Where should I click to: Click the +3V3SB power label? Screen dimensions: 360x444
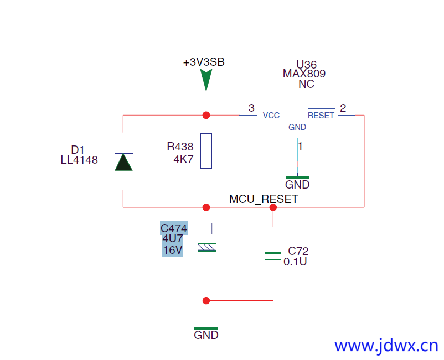pos(204,62)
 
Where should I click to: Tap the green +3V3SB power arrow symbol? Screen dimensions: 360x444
pos(206,80)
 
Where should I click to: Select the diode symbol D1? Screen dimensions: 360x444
pos(123,161)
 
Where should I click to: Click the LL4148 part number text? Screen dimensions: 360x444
pos(79,160)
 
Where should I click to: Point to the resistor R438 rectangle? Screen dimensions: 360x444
pos(206,150)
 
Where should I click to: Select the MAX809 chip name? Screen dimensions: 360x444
pos(304,74)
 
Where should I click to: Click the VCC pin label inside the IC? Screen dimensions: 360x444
pos(271,116)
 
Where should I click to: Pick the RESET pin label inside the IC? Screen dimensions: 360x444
pos(321,116)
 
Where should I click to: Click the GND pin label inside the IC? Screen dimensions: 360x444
pos(297,127)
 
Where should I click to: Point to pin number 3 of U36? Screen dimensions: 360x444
pos(251,108)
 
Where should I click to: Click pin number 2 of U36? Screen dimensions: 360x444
pos(343,108)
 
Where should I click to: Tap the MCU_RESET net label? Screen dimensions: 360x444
pos(264,199)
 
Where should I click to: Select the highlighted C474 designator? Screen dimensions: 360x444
pos(174,228)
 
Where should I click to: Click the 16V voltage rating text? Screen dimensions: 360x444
pos(173,250)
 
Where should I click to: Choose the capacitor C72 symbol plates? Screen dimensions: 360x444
pos(273,255)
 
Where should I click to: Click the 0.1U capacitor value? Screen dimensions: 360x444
pos(295,262)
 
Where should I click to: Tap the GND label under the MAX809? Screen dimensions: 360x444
pos(297,185)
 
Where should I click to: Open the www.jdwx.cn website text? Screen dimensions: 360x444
pos(386,346)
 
